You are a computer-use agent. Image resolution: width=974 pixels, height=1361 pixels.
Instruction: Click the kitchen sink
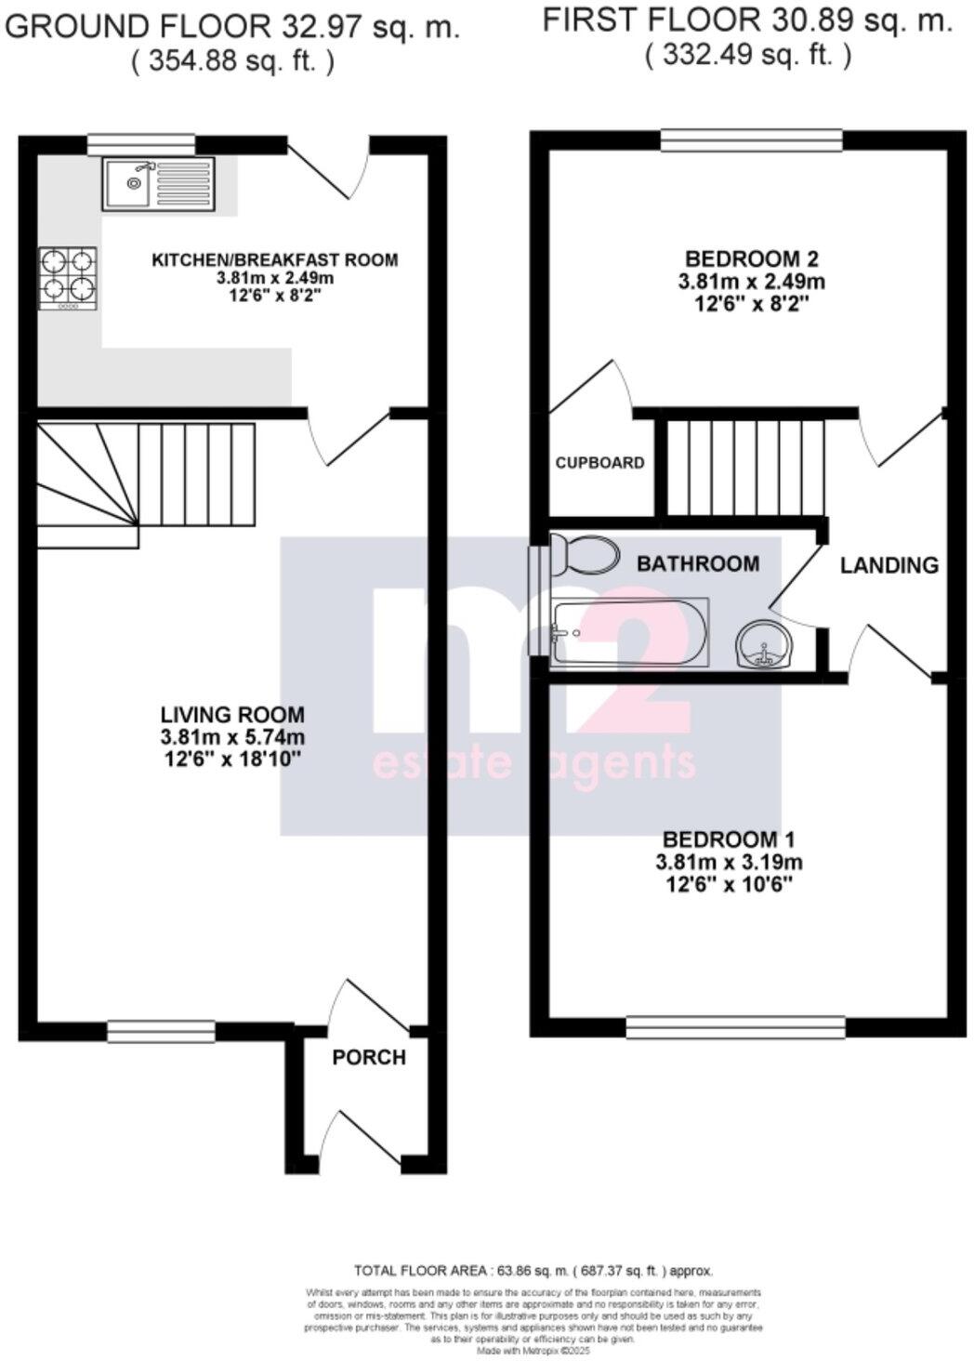(158, 183)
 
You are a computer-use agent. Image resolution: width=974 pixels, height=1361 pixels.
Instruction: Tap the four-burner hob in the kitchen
(68, 278)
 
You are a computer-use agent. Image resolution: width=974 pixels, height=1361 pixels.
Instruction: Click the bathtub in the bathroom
(630, 631)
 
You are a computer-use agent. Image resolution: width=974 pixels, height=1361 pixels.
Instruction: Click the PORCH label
(369, 1058)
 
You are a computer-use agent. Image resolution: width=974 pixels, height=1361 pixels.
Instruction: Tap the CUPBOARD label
(599, 462)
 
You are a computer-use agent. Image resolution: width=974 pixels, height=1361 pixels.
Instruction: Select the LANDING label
(888, 565)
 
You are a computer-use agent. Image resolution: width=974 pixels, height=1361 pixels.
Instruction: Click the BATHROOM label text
(697, 563)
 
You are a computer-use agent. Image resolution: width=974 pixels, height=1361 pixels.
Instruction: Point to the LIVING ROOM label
(232, 715)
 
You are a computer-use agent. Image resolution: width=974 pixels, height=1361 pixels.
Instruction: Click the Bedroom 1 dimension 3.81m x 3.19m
(729, 862)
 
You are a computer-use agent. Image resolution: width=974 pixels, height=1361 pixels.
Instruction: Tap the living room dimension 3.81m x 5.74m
(232, 737)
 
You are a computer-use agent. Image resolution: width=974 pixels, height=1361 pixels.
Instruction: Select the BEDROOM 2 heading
(751, 258)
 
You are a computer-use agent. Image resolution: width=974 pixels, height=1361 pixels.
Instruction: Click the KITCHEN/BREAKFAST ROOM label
(274, 259)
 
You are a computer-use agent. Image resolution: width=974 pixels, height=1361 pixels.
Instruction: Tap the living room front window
(161, 1031)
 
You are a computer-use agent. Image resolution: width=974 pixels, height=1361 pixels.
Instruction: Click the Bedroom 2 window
(751, 141)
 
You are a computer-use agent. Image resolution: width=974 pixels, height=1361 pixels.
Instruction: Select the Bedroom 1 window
(735, 1027)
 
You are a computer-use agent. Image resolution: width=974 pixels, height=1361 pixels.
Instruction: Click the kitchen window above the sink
(141, 143)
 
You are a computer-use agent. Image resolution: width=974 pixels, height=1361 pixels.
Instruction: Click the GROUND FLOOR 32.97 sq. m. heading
(232, 26)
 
